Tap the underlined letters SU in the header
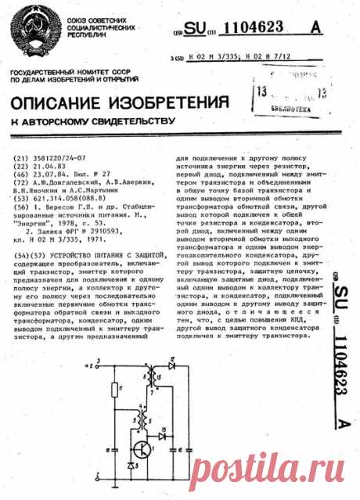coord(197,29)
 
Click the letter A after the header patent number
coord(315,28)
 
